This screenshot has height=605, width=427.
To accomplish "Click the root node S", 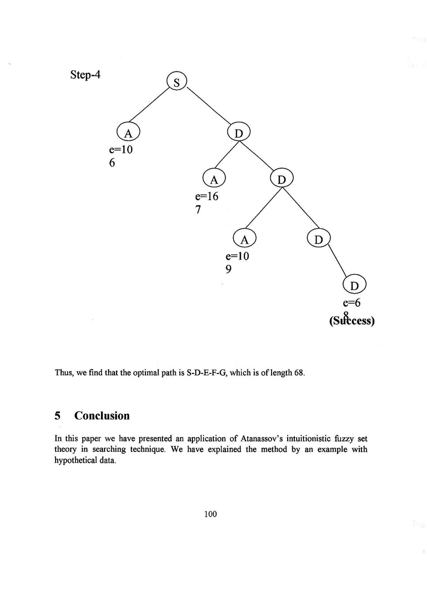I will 177,82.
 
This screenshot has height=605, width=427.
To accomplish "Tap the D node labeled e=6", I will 354,286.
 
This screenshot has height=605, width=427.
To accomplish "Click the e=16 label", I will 207,197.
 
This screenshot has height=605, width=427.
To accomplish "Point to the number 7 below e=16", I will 199,210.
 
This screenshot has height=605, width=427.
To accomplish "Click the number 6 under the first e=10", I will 112,163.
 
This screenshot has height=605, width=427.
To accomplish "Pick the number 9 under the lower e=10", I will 228,269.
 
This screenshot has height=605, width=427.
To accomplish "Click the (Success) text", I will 352,321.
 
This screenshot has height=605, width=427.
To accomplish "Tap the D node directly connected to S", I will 239,133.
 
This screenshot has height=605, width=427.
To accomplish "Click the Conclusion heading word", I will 101,415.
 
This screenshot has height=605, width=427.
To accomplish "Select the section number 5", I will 58,415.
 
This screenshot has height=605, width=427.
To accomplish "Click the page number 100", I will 210,514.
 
